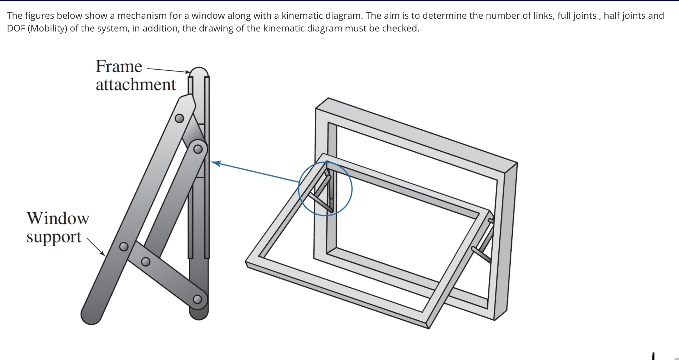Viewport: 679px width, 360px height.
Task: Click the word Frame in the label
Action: pyautogui.click(x=119, y=66)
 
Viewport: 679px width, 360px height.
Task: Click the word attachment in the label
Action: pyautogui.click(x=135, y=85)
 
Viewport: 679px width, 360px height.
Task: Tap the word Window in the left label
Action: pyautogui.click(x=58, y=218)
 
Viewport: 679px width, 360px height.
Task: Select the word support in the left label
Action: pyautogui.click(x=54, y=237)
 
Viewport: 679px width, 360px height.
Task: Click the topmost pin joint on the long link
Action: pyautogui.click(x=180, y=118)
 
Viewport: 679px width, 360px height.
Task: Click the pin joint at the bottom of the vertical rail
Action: pyautogui.click(x=197, y=300)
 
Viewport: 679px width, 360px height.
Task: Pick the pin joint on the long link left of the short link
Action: pyautogui.click(x=124, y=246)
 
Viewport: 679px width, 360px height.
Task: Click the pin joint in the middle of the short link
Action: pyautogui.click(x=146, y=262)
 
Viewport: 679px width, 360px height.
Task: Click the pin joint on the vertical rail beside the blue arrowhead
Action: pyautogui.click(x=198, y=149)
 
